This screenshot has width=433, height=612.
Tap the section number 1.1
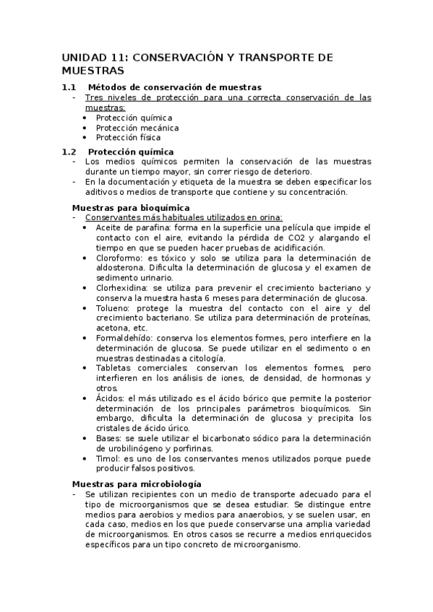coord(69,87)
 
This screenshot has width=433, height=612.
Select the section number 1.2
coord(69,152)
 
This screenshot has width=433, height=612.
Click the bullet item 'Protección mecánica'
coord(137,128)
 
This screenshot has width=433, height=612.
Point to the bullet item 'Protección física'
coord(128,137)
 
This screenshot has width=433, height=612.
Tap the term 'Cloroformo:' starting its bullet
coord(120,258)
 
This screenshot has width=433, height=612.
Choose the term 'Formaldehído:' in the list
coord(124,338)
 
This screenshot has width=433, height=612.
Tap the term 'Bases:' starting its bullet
coord(108,438)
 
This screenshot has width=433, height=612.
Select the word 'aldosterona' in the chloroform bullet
coord(120,267)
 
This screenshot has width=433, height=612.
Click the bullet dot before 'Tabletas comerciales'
coord(87,368)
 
